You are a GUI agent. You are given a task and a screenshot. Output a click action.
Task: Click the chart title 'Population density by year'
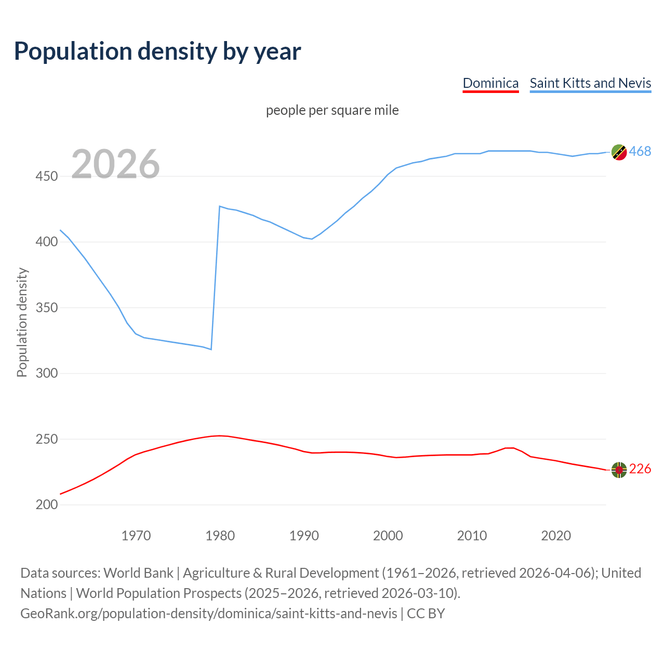[157, 51]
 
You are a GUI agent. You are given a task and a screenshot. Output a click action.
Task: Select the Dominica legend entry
[490, 83]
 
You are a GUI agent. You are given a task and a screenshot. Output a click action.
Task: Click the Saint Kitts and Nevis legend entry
[590, 83]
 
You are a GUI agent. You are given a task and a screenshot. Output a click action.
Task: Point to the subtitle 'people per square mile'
[332, 110]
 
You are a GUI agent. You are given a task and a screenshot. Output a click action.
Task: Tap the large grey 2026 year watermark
[115, 164]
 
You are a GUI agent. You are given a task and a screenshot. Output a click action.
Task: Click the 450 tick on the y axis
[46, 177]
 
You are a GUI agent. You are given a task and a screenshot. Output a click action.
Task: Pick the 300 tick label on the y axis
[46, 374]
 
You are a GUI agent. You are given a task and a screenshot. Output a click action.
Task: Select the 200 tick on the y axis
[46, 505]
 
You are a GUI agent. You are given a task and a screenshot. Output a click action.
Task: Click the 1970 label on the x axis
[136, 536]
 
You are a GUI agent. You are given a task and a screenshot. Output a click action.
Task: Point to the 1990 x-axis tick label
[304, 536]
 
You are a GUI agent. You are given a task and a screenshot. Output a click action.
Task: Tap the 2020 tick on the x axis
[556, 536]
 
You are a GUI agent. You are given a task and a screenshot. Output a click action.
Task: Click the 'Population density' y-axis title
[22, 322]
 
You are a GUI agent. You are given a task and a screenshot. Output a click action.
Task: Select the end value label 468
[640, 151]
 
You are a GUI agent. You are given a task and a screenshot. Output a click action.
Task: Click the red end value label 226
[640, 469]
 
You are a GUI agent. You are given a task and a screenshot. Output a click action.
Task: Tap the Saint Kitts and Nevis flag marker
[619, 152]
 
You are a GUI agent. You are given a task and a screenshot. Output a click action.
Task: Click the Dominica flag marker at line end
[619, 470]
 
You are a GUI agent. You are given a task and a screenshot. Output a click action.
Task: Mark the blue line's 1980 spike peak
[220, 206]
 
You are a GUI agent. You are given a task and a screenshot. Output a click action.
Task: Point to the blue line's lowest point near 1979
[211, 349]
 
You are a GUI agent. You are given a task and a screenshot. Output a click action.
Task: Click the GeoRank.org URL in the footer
[208, 614]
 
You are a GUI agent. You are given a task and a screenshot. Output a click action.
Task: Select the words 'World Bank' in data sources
[138, 573]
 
